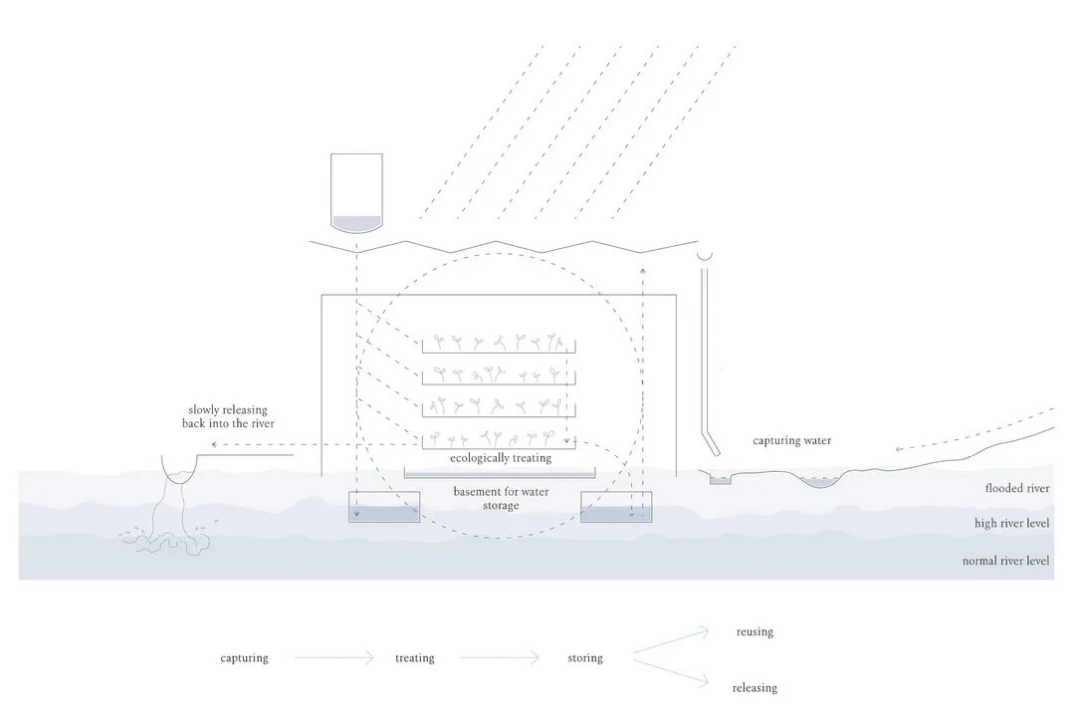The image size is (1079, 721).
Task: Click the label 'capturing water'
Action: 791,440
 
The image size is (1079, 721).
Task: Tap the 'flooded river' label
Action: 1017,489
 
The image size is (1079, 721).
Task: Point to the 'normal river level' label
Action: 1005,561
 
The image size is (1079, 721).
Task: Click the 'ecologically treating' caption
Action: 500,458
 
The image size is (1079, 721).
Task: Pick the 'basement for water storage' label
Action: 499,499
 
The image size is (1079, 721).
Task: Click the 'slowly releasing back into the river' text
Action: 228,417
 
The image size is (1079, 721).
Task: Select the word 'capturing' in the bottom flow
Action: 244,658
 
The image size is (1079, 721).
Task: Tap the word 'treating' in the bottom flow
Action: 414,658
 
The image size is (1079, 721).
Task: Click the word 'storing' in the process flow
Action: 585,658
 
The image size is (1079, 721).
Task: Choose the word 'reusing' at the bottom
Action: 755,632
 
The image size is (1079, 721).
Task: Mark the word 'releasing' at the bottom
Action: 755,688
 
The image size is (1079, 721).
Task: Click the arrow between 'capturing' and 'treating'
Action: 333,657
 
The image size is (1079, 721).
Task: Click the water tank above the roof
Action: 356,193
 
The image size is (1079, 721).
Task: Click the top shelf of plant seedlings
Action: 499,344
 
